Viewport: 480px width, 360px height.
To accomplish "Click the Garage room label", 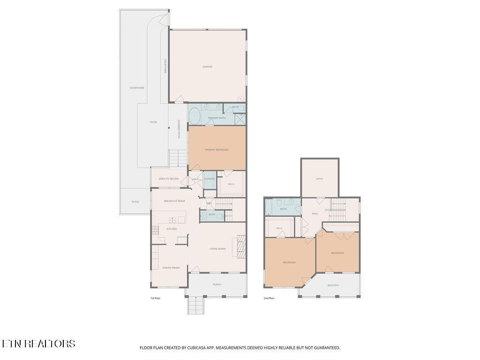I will coord(207,67).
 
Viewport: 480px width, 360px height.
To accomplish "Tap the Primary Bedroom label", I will coord(217,150).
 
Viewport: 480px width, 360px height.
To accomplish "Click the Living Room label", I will coord(217,248).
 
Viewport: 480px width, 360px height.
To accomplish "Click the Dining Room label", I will coord(171,268).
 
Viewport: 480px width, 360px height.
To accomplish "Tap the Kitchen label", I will coord(172,229).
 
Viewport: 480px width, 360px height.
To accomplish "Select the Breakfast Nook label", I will coord(174,201).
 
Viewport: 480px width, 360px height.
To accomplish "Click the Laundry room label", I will coord(210,179).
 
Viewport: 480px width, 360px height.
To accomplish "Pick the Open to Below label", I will coord(168,179).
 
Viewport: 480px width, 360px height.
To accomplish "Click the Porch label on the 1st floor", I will coord(217,285).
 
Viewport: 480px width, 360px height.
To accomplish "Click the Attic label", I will coord(320,179).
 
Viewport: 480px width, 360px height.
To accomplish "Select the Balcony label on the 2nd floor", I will coord(333,285).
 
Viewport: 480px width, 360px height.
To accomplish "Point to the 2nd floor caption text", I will coord(269,298).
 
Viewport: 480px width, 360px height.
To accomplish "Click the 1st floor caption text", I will coord(155,298).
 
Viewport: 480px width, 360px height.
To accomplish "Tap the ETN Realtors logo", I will coord(38,344).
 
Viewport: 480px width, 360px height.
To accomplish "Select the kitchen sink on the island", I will coord(172,219).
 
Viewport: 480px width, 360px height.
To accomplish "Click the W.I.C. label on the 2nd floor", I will coord(279,228).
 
